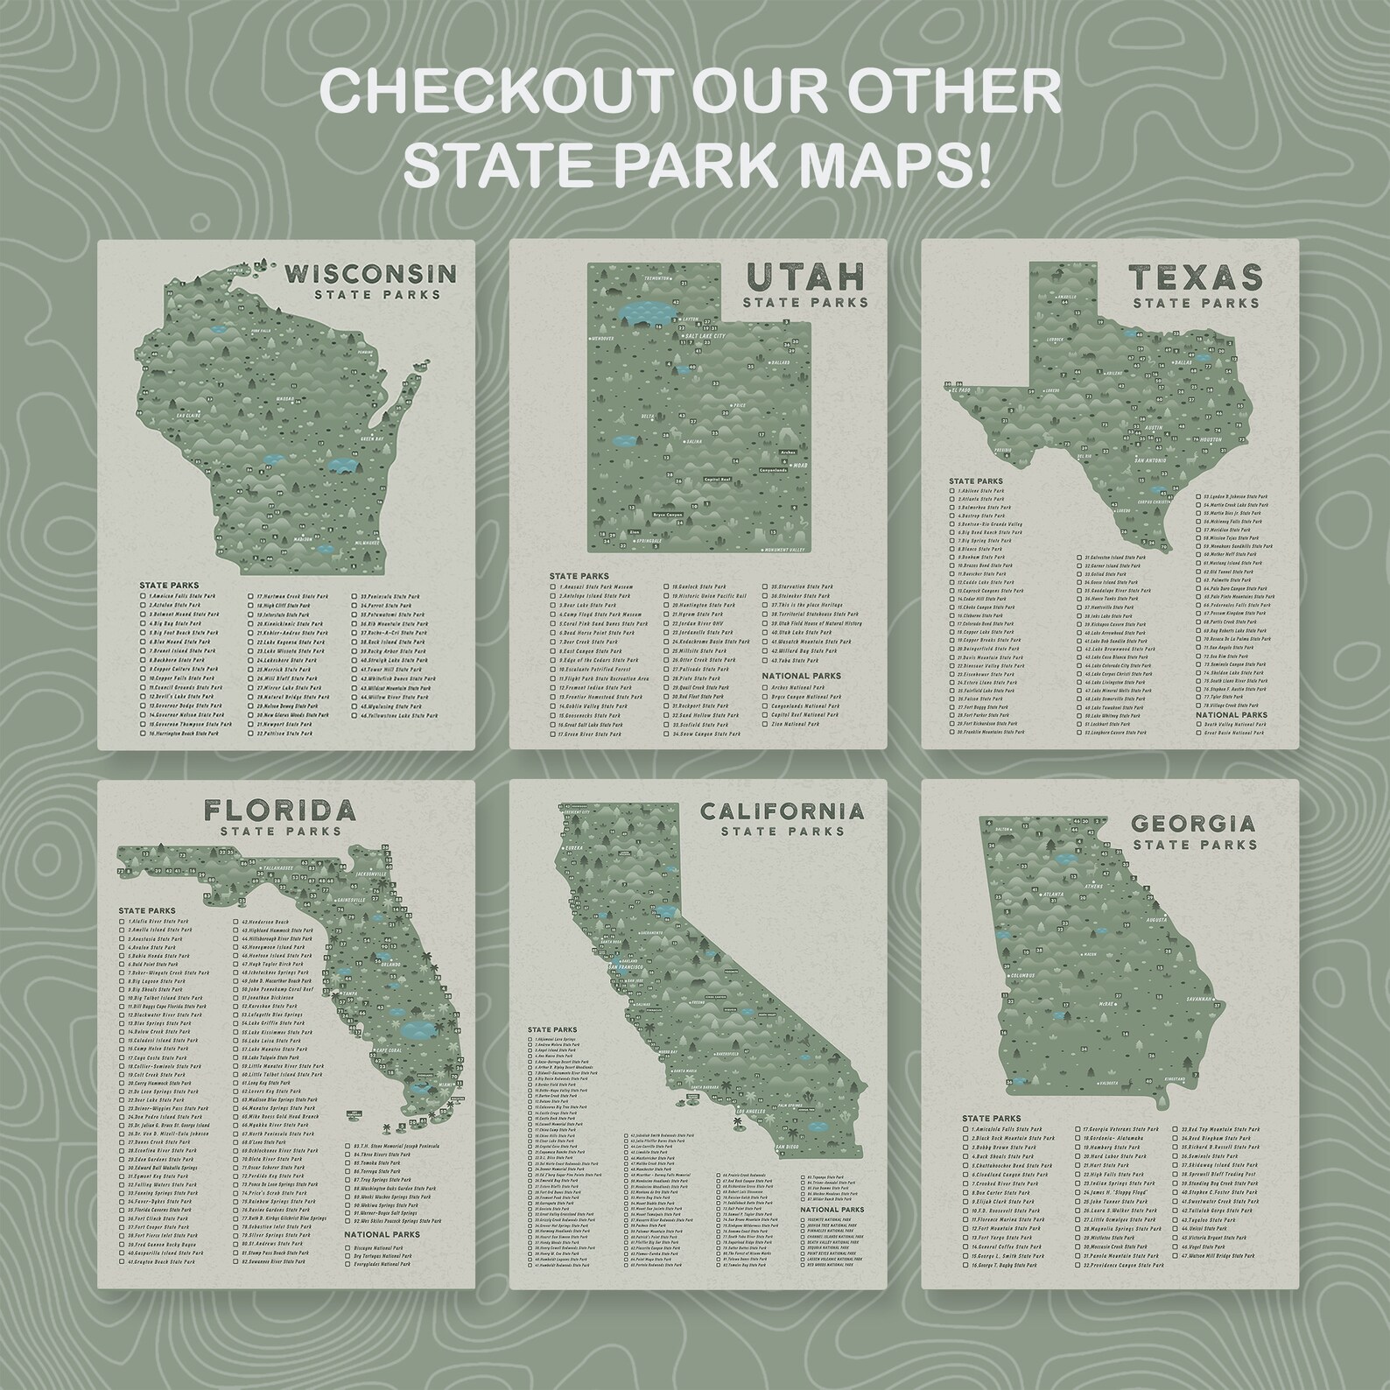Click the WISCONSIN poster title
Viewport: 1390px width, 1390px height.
[371, 274]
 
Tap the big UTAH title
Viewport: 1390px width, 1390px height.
[804, 278]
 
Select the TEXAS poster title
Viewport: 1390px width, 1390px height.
[1196, 278]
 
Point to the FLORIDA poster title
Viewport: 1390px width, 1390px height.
[280, 810]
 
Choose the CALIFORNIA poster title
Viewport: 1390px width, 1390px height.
[781, 811]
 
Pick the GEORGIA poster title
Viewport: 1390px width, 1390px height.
[1194, 824]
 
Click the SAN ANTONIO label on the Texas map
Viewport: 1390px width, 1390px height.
[1153, 459]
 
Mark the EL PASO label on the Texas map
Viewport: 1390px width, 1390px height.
[962, 386]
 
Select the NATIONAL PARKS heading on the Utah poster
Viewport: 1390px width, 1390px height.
[801, 676]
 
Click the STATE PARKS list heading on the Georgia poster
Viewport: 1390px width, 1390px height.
[991, 1118]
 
